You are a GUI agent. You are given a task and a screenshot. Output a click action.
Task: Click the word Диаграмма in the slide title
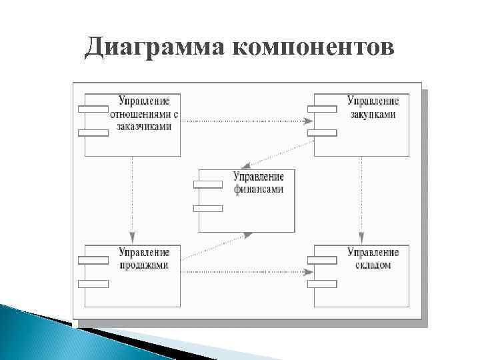pyautogui.click(x=154, y=47)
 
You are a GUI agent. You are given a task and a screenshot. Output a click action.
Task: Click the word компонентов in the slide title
pyautogui.click(x=313, y=47)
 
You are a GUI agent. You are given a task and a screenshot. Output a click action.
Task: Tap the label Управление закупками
pyautogui.click(x=373, y=107)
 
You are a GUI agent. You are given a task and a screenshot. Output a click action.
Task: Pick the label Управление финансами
pyautogui.click(x=259, y=183)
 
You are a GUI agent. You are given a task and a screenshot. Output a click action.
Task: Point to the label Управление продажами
pyautogui.click(x=144, y=259)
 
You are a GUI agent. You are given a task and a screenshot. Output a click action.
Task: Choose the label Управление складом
pyautogui.click(x=373, y=259)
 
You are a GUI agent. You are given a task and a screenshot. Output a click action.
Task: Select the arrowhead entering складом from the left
pyautogui.click(x=309, y=272)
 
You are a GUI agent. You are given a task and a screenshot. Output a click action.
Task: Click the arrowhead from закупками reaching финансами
pyautogui.click(x=246, y=164)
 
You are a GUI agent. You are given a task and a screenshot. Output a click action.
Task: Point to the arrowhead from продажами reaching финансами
pyautogui.click(x=248, y=234)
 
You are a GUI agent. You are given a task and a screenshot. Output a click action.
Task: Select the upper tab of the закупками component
pyautogui.click(x=322, y=107)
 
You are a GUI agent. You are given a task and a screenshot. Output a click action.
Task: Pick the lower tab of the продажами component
pyautogui.click(x=93, y=283)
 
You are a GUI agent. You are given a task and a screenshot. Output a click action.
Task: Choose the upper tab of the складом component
pyautogui.click(x=322, y=259)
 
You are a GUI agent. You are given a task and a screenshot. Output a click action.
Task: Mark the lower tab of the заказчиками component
pyautogui.click(x=93, y=132)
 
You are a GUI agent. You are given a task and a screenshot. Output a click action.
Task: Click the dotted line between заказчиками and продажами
pyautogui.click(x=133, y=193)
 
